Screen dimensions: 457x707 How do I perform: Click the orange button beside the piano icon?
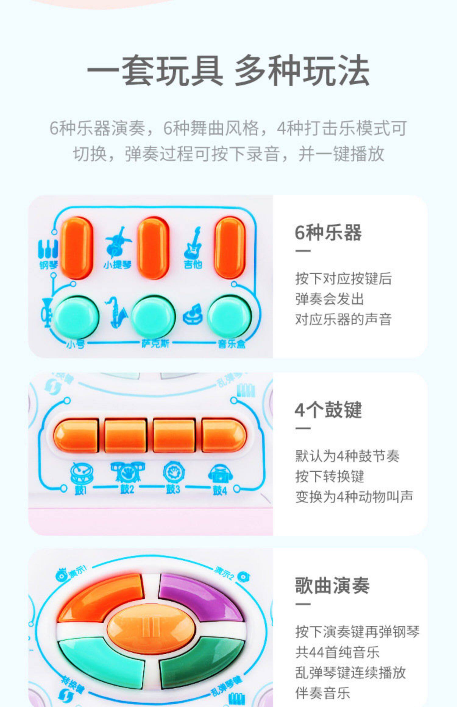[76, 248]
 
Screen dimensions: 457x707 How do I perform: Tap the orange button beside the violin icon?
[153, 248]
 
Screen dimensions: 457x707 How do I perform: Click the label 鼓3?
[173, 489]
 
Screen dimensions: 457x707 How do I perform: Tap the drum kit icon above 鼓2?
[127, 472]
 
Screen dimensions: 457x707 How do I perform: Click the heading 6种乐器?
[328, 233]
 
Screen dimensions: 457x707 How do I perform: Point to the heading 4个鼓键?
[328, 410]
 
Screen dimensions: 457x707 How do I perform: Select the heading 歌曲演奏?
[332, 586]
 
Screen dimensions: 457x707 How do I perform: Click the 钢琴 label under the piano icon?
[48, 265]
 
